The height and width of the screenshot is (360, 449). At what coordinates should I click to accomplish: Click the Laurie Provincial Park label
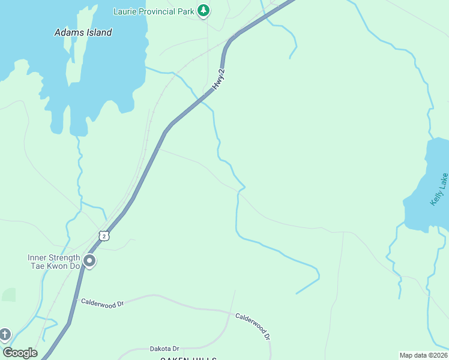(154, 11)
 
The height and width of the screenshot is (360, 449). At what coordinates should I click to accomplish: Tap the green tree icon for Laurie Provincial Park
(204, 10)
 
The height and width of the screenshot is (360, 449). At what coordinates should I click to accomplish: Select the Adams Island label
(83, 32)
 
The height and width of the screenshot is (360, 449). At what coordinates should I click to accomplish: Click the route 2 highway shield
(104, 236)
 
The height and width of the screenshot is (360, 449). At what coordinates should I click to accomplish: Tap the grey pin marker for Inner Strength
(89, 261)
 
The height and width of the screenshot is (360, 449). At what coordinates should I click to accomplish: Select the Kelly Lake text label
(439, 190)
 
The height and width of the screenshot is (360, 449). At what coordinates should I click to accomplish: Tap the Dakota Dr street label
(164, 349)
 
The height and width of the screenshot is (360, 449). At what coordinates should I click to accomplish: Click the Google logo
(20, 353)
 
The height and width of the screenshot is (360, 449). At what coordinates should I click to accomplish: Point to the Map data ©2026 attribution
(423, 355)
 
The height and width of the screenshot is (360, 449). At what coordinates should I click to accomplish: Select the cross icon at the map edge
(5, 334)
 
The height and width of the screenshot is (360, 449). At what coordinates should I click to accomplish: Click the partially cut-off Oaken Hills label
(187, 358)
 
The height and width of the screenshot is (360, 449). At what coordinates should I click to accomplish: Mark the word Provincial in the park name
(157, 11)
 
